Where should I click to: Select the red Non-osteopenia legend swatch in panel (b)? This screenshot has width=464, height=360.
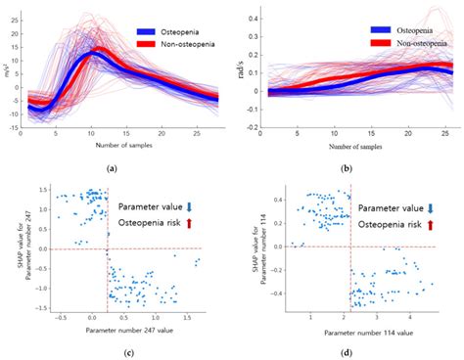381,45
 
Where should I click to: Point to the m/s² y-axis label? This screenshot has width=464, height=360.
8,70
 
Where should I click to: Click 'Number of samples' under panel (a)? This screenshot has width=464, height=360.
114,146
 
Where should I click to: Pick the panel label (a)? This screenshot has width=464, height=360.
112,167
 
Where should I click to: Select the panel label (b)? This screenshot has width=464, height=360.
345,167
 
